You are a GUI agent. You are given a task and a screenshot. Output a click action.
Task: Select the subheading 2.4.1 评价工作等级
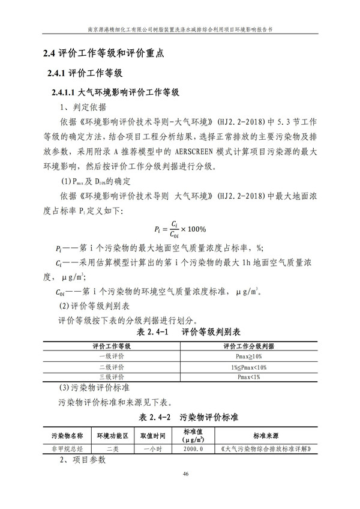coord(83,74)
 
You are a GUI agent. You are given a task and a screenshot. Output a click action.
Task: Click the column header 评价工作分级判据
coord(248,346)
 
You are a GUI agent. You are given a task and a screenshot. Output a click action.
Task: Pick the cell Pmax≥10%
coord(248,357)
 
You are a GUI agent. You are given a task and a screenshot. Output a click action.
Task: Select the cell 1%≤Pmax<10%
coord(248,367)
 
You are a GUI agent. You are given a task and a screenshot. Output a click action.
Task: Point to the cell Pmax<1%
coord(248,376)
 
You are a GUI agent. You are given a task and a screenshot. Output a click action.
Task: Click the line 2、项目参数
coord(82,460)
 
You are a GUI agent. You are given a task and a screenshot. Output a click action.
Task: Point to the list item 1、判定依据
coord(82,108)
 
